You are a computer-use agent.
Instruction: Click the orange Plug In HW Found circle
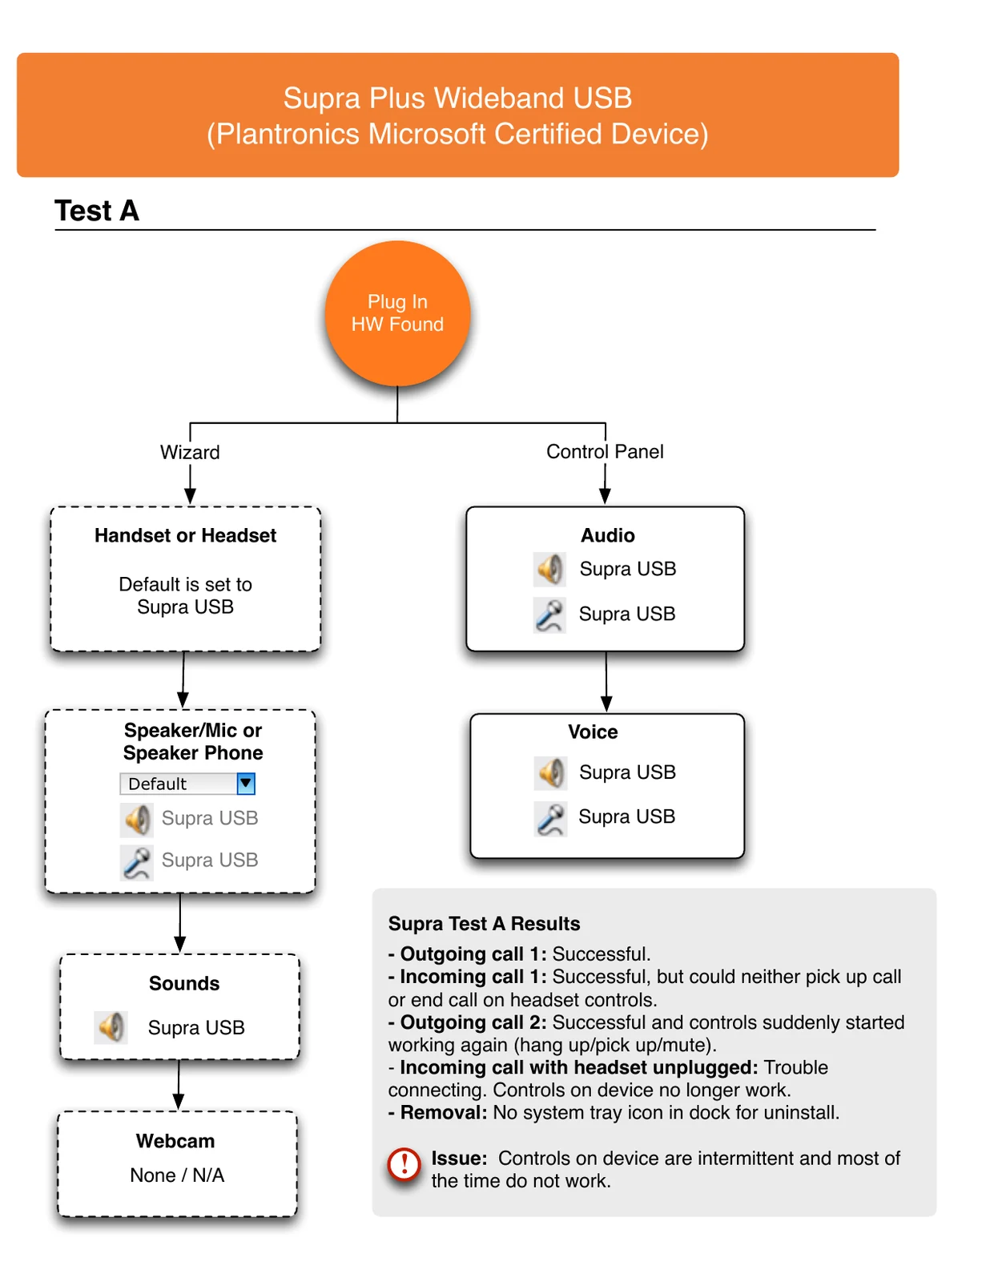point(397,313)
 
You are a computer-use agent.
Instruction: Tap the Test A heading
point(97,211)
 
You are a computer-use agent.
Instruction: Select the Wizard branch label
point(190,452)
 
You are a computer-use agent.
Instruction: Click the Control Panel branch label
point(605,451)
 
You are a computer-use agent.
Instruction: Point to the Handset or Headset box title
point(185,535)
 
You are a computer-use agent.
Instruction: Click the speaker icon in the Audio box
point(549,570)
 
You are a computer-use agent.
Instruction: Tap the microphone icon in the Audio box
point(549,615)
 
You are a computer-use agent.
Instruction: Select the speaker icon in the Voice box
point(551,773)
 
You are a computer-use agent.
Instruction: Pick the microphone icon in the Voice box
point(551,819)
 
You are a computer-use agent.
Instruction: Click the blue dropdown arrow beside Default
point(246,784)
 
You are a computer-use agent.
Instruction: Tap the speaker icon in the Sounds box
point(111,1027)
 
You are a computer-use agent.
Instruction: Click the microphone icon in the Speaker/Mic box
point(137,862)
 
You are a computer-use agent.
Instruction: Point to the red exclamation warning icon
point(404,1164)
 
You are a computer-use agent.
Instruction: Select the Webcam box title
point(175,1140)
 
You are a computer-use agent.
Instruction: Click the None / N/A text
point(177,1175)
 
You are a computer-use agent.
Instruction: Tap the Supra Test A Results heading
point(484,923)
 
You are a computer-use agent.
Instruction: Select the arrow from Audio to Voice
point(606,682)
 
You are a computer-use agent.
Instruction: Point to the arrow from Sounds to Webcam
point(179,1084)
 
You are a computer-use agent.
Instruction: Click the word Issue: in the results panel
point(459,1158)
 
